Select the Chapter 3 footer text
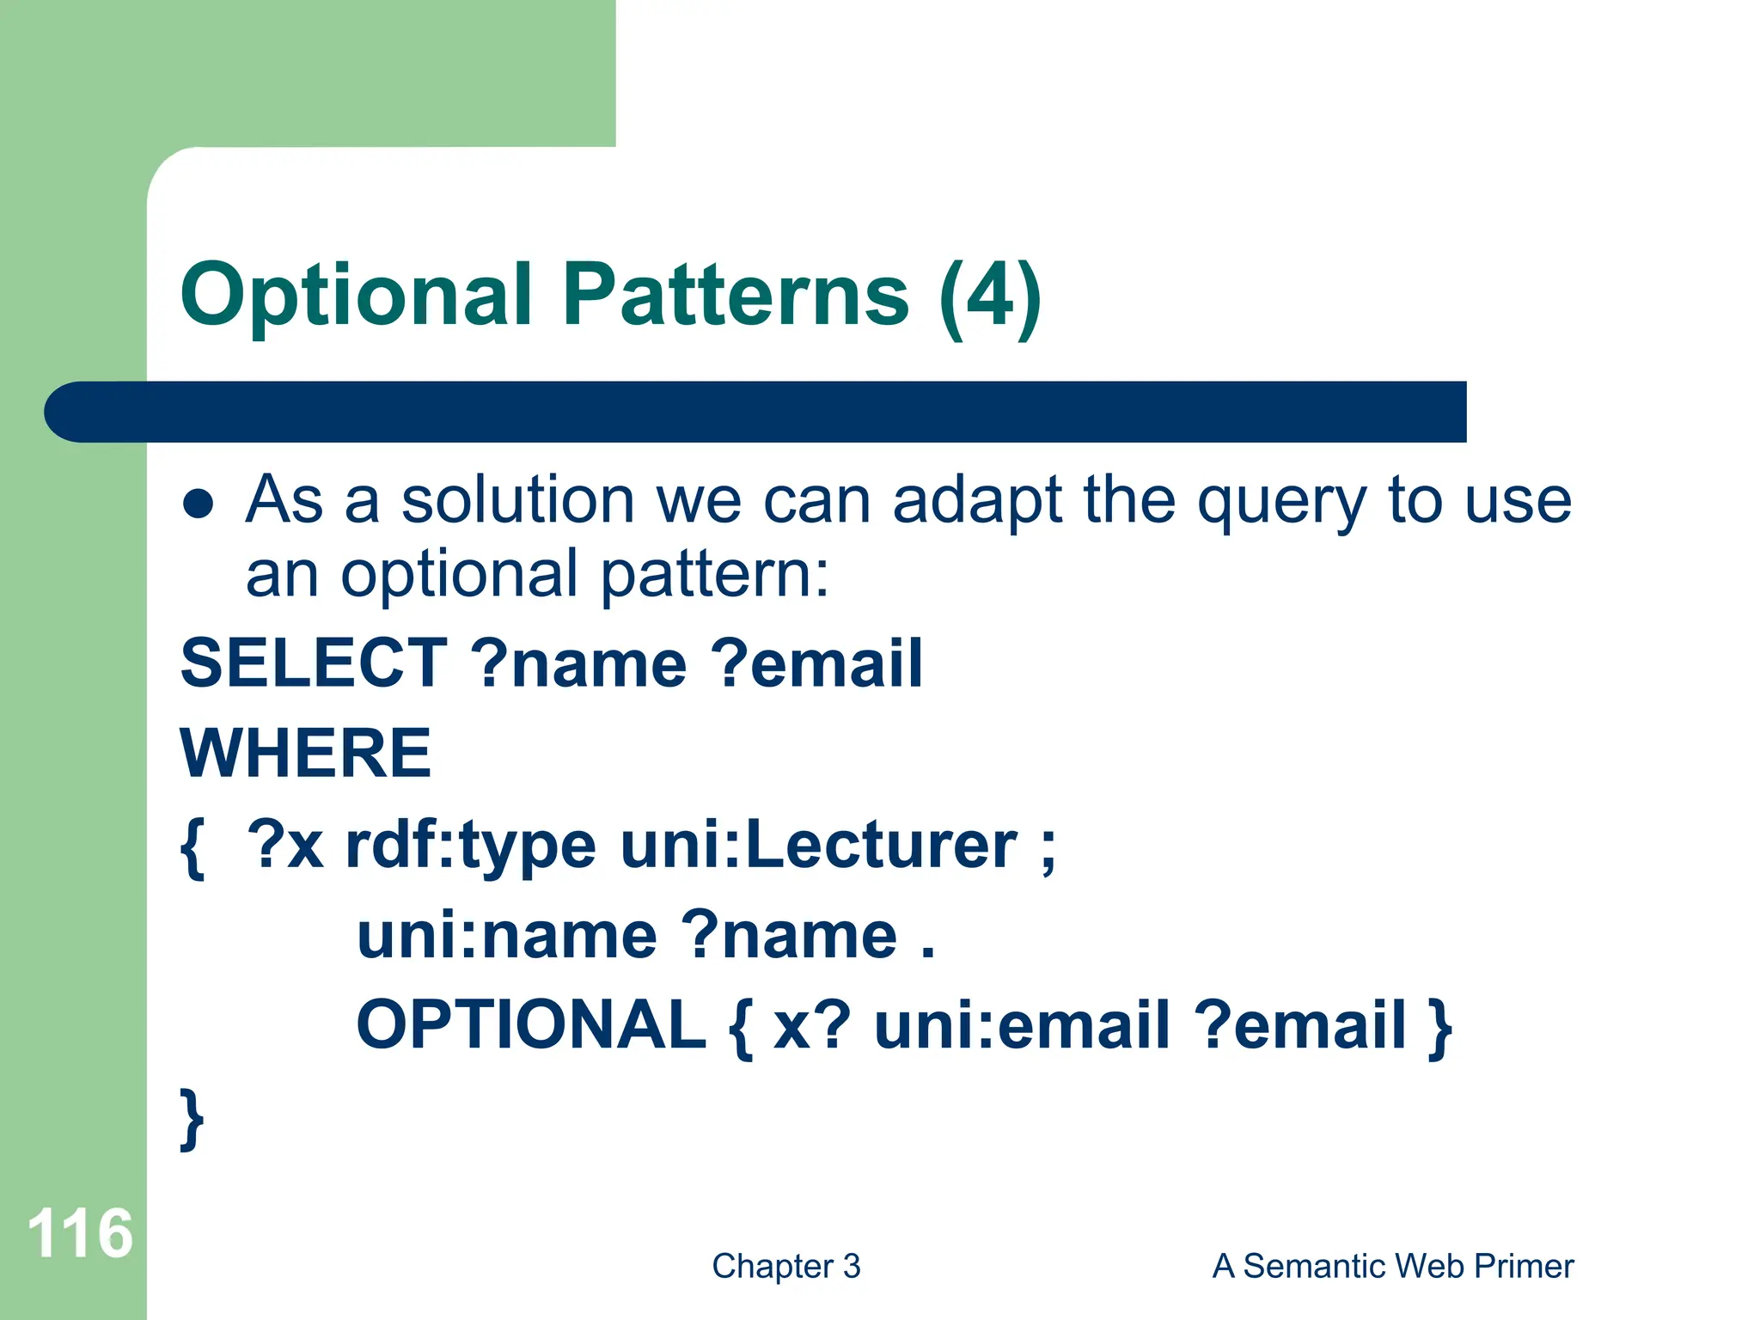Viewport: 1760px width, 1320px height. coord(785,1267)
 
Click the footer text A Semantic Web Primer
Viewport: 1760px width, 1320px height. coord(1392,1267)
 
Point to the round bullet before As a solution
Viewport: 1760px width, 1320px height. coord(199,504)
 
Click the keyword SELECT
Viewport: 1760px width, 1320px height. coord(314,663)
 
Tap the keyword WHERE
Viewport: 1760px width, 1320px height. coord(305,754)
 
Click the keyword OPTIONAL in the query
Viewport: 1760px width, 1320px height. coord(531,1025)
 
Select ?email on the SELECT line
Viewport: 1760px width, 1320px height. coord(816,663)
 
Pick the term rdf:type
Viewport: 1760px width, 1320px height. coord(470,846)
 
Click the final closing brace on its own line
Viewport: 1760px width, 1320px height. coord(192,1118)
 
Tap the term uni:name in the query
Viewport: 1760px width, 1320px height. coord(507,936)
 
